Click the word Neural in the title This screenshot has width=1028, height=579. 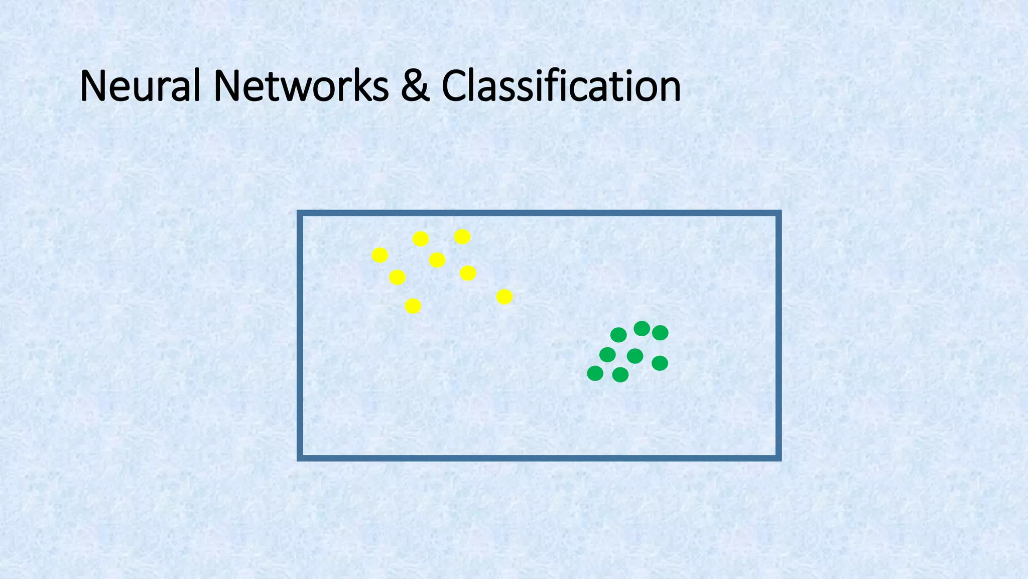[x=140, y=86]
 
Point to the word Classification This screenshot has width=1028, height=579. [x=561, y=86]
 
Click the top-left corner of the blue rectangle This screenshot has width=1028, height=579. [x=300, y=213]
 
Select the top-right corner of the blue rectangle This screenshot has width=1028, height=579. [x=779, y=213]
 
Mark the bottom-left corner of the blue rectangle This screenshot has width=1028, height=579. [x=300, y=458]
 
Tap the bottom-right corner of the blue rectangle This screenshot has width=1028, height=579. [x=779, y=458]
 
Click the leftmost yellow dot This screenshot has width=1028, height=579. [x=380, y=255]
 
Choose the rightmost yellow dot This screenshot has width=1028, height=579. [x=504, y=297]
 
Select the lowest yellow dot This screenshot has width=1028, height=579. [x=413, y=306]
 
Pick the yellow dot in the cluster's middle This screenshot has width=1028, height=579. [x=437, y=260]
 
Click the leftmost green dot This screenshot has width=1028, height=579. [x=595, y=373]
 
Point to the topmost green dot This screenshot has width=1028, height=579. [x=641, y=329]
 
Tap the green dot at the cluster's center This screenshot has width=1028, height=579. [x=635, y=356]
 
